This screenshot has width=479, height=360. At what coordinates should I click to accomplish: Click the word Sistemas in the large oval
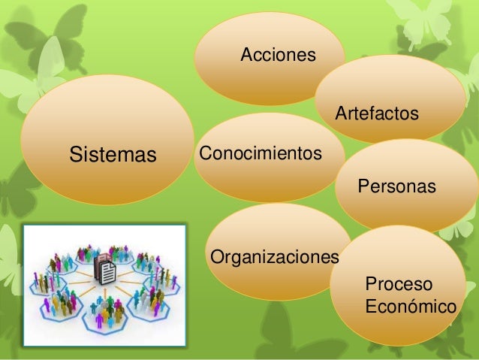(x=113, y=156)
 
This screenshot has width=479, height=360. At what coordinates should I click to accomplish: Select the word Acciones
(x=278, y=55)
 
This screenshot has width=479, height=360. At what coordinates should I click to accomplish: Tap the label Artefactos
(x=376, y=114)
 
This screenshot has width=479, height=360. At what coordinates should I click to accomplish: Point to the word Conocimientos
(x=261, y=153)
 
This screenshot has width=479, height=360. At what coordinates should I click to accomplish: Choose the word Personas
(x=396, y=186)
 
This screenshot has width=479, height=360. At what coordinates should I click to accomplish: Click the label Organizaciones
(x=275, y=258)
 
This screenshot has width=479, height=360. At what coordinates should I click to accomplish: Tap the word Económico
(x=410, y=307)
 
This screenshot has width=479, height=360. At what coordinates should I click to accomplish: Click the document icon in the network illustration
(x=105, y=271)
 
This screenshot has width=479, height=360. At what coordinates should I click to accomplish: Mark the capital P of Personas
(x=364, y=186)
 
